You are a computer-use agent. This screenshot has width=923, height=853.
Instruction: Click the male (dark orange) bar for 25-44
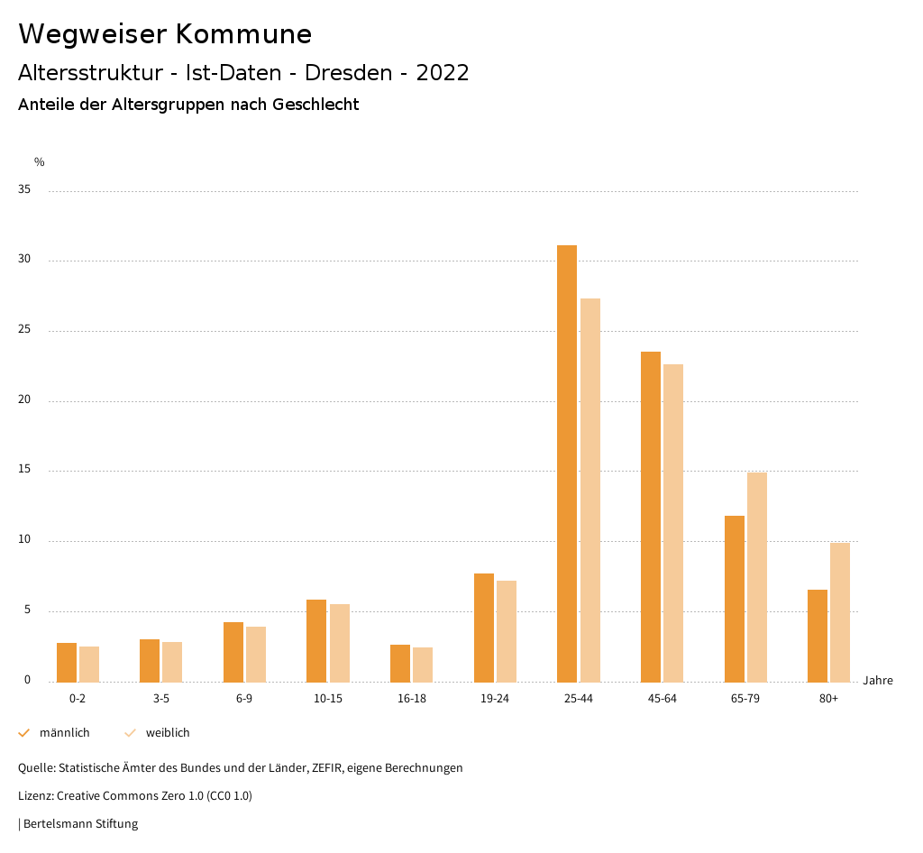[567, 463]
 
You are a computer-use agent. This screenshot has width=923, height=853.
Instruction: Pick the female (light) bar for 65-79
[757, 577]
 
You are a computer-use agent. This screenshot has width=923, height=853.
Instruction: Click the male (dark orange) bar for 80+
[818, 636]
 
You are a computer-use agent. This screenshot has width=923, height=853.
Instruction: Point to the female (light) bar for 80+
[840, 612]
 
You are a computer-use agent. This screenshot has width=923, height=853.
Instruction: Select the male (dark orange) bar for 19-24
[484, 628]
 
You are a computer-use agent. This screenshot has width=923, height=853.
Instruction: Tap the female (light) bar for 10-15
[340, 643]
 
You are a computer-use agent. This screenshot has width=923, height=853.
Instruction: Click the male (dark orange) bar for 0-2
[67, 663]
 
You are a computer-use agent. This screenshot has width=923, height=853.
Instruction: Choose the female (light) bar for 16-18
[423, 665]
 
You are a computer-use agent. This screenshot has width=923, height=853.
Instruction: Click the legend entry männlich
[64, 733]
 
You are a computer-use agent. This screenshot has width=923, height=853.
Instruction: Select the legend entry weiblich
[168, 733]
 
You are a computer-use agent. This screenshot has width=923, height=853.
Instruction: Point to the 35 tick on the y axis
[24, 190]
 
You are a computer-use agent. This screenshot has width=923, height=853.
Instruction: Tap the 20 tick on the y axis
[24, 400]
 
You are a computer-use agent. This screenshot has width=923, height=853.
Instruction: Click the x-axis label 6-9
[244, 699]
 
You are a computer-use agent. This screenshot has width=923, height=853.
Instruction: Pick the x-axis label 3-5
[161, 699]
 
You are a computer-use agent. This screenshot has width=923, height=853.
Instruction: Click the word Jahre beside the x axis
[877, 681]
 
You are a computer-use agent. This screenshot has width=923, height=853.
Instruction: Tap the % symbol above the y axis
[40, 162]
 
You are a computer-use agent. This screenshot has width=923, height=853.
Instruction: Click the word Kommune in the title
[243, 34]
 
